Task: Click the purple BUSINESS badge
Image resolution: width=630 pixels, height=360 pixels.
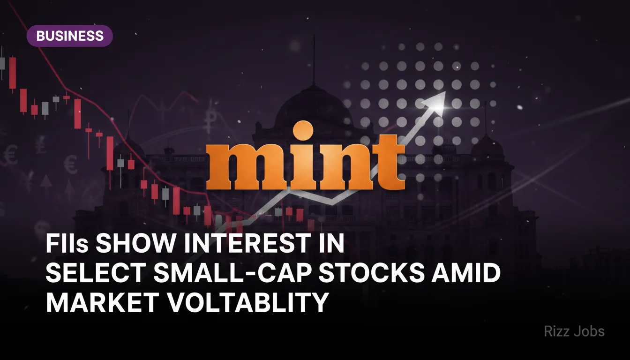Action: [69, 36]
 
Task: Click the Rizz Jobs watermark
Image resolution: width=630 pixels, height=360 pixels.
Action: [574, 332]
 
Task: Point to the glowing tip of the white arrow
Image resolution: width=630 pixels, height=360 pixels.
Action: [440, 107]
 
